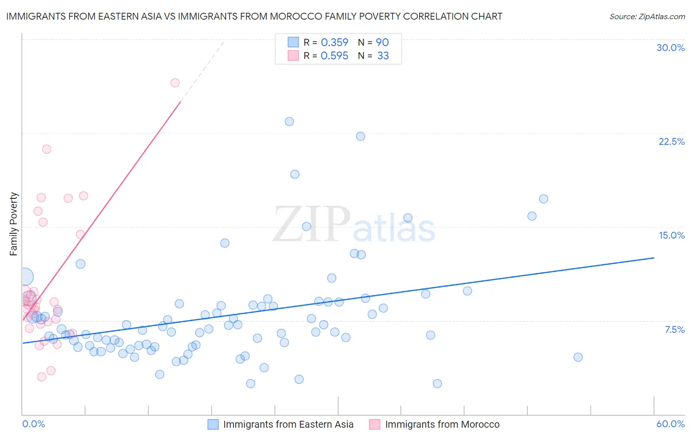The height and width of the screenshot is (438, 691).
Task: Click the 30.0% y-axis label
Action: pos(670,48)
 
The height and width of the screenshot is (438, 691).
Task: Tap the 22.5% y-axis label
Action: pos(671,141)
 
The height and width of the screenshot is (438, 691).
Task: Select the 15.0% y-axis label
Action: pos(671,235)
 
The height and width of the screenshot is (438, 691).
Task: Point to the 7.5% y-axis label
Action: pos(674,329)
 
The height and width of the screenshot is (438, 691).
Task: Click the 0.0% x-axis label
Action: pos(33,424)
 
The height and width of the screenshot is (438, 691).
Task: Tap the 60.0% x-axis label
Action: pos(670,424)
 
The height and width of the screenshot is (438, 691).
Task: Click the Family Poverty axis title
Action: pos(14,224)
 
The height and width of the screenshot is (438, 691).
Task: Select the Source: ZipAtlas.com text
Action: pos(647,16)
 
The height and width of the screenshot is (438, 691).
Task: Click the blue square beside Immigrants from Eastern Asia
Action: pos(213,424)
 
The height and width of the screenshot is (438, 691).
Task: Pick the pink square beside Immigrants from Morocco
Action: pos(374,424)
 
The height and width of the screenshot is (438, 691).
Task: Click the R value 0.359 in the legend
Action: pos(334,42)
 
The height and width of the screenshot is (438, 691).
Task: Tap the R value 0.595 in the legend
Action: pos(334,56)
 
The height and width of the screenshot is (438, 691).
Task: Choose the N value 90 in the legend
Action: pos(382,42)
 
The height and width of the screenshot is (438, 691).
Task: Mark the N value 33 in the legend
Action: pos(383,56)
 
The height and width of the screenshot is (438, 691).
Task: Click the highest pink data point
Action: pos(175,82)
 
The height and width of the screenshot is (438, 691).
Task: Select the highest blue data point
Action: pos(289,121)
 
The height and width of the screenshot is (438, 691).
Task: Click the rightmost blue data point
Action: pos(578,357)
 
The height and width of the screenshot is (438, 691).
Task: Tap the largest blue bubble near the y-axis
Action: pos(25,277)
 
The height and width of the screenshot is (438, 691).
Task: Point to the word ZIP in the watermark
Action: pos(312,224)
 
